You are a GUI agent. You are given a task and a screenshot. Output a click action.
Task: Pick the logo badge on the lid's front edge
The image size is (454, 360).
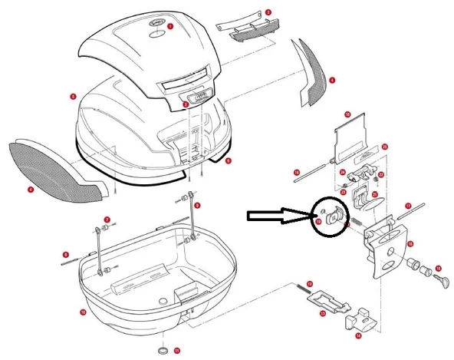(197, 97)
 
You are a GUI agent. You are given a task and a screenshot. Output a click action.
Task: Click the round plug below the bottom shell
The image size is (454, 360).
(164, 351)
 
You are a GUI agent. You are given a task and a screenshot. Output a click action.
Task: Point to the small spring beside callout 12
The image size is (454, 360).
(298, 289)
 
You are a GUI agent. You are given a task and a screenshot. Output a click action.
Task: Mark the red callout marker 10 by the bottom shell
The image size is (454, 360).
(82, 312)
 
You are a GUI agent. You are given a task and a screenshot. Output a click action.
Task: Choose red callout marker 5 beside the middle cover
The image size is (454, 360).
(72, 97)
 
